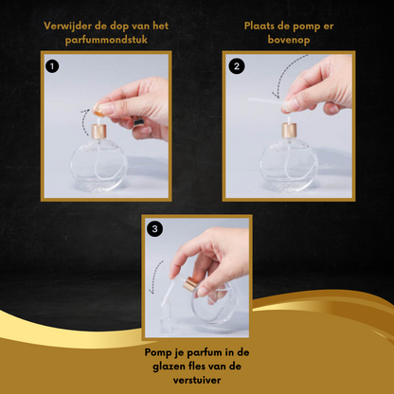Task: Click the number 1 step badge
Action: click(x=52, y=66)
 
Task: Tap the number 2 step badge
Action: click(x=237, y=66)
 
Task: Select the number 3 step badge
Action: click(x=154, y=229)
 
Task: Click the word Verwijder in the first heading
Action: click(x=67, y=26)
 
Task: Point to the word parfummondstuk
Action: click(x=106, y=40)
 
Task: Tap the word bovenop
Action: click(x=289, y=40)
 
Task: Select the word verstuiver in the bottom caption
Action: click(x=197, y=380)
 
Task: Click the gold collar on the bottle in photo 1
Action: click(x=99, y=132)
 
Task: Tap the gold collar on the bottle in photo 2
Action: click(x=289, y=131)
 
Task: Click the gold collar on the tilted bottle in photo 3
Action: click(x=190, y=283)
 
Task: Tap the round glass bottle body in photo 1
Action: click(x=98, y=166)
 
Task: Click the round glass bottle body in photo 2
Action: click(x=289, y=165)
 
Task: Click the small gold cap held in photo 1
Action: click(x=98, y=111)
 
